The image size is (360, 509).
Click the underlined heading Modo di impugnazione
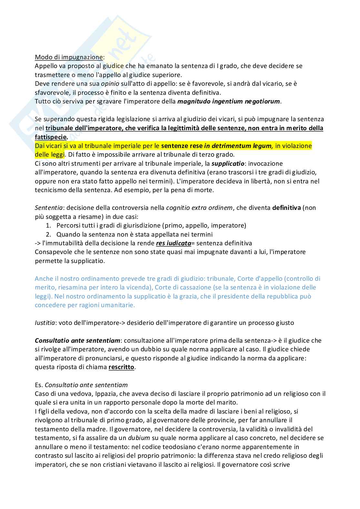tap(68, 57)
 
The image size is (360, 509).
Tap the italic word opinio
tap(110, 84)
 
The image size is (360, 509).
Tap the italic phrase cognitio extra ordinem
tap(199, 208)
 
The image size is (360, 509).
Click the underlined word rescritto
tap(121, 367)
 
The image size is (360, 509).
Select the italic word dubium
tap(139, 438)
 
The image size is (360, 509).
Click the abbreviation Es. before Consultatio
tap(39, 385)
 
